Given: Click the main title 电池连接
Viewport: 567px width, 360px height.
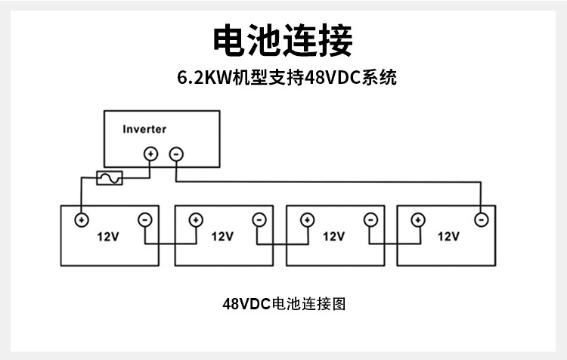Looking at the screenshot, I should [x=283, y=39].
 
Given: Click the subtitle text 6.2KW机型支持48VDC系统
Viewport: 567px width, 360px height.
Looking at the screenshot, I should [x=283, y=78].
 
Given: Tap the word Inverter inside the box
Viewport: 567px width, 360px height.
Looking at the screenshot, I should [x=144, y=129].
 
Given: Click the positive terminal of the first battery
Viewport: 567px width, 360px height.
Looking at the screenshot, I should [x=80, y=220].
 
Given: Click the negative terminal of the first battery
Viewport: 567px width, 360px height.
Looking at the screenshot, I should [x=144, y=220].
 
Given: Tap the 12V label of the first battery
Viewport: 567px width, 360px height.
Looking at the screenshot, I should [x=109, y=236].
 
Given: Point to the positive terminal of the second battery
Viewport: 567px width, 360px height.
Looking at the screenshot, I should [x=195, y=220].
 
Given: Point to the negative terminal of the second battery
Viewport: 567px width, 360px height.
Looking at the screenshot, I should [x=259, y=220].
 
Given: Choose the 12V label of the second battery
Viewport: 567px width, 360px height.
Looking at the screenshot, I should [x=222, y=236].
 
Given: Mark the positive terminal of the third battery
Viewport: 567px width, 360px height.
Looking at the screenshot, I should [x=307, y=220].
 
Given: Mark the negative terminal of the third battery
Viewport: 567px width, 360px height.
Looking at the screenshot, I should [x=370, y=220].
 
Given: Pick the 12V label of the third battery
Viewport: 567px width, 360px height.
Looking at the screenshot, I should [x=333, y=236].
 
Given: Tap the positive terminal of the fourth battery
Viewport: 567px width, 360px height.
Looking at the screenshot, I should [x=417, y=220].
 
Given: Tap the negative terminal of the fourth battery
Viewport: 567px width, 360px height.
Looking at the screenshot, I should [x=480, y=220].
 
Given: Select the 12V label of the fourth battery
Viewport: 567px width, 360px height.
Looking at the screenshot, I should [x=448, y=236].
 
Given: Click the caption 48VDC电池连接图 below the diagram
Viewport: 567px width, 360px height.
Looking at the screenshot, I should [x=283, y=304].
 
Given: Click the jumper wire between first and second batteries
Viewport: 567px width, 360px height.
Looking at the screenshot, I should [x=170, y=244].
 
